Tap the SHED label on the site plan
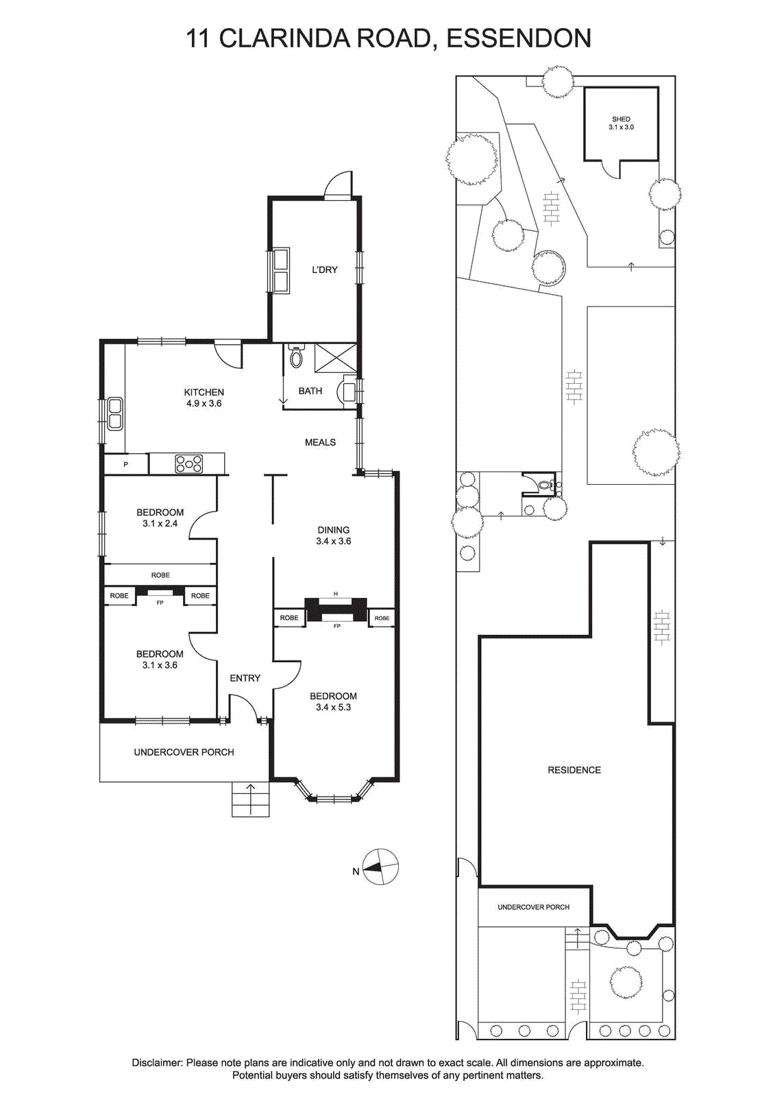621,119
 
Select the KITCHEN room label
204,392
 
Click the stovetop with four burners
189,463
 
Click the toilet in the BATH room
296,355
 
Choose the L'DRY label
325,269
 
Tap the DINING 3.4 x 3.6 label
334,535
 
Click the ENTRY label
245,678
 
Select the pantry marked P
126,463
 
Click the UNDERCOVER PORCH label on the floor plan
184,751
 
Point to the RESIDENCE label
574,770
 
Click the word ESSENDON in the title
519,38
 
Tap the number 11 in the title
198,38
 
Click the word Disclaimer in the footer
157,1059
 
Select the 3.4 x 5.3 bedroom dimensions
334,707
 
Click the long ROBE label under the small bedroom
160,575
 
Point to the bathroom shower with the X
335,358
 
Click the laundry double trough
281,271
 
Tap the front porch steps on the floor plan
250,799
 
